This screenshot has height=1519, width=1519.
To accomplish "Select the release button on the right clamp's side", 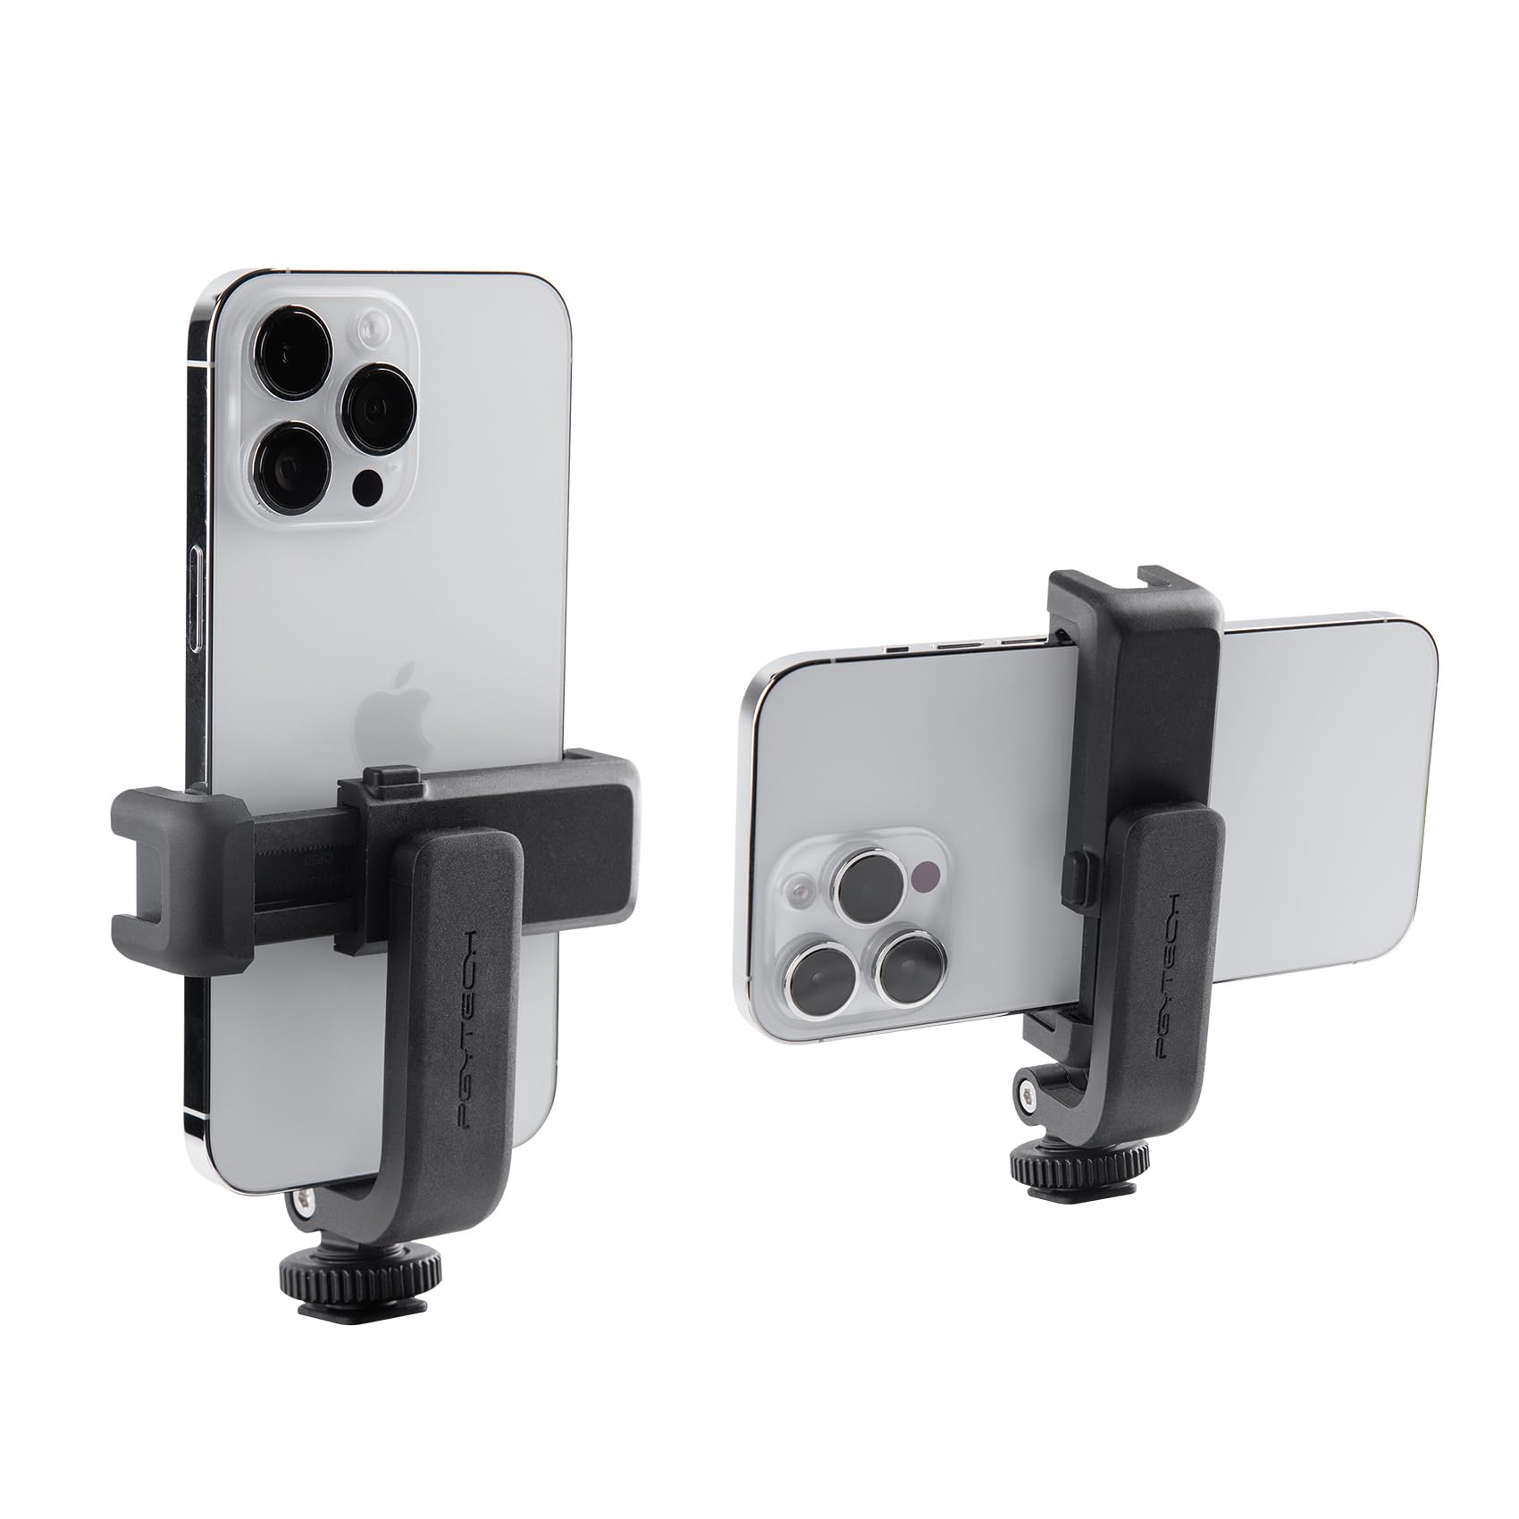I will coord(1072,871).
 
